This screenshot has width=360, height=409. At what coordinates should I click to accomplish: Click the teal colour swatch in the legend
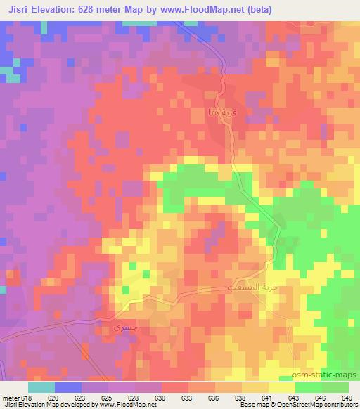click(x=41, y=387)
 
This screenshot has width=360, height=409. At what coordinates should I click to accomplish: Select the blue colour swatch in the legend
click(x=67, y=387)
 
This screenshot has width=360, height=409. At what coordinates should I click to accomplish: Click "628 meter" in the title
click(x=105, y=10)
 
